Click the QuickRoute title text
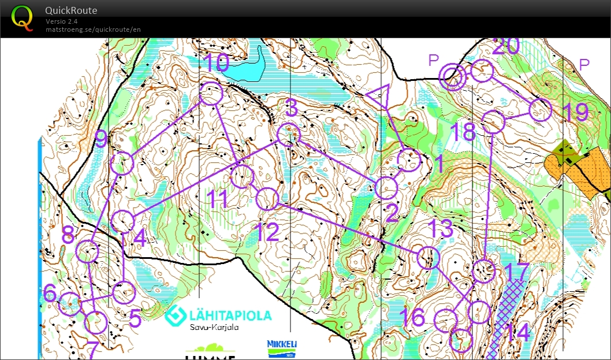click(x=71, y=10)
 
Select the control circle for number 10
click(x=211, y=94)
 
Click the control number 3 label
click(x=292, y=107)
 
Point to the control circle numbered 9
click(x=122, y=164)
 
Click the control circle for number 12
click(x=267, y=199)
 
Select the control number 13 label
click(x=442, y=228)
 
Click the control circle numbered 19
click(x=541, y=110)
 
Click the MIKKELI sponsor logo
click(x=282, y=348)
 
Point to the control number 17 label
click(x=516, y=272)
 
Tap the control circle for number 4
click(x=123, y=222)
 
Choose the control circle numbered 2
click(x=386, y=188)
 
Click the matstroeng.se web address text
click(x=93, y=29)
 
